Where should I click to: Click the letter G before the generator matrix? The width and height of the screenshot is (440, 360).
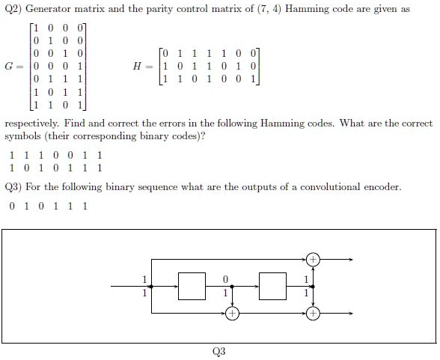9,66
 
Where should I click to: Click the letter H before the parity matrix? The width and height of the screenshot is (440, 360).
138,66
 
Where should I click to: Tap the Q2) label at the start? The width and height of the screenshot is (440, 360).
13,9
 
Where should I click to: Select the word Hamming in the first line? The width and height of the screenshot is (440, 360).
307,9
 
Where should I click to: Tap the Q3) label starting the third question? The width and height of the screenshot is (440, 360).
13,187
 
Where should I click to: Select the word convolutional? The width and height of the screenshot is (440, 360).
330,187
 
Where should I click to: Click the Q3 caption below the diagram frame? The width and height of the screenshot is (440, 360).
219,351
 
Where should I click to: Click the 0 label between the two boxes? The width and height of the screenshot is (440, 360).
225,279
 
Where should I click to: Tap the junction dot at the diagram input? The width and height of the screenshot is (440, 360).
151,287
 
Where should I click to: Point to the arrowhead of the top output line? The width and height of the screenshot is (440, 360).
351,260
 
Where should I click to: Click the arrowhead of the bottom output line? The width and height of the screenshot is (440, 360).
351,313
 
